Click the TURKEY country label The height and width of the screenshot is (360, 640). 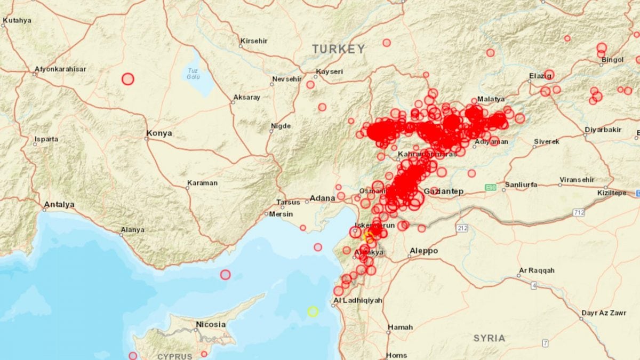tap(339, 49)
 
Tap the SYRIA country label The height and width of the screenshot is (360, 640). tap(489, 338)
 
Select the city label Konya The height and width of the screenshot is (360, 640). tap(159, 133)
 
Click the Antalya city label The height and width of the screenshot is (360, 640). tap(59, 204)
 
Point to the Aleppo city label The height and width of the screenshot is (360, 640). tap(423, 251)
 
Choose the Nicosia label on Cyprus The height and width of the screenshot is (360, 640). tap(211, 324)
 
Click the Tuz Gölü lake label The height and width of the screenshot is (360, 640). tap(193, 74)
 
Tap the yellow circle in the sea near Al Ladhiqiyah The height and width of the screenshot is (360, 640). tap(313, 311)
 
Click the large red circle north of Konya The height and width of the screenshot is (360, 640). tap(127, 79)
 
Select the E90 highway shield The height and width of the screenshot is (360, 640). tap(491, 187)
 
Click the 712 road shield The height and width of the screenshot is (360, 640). tap(579, 213)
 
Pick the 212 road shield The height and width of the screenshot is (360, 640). tap(462, 228)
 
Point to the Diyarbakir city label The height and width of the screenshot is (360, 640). tap(603, 130)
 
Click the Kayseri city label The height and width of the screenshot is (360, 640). tap(330, 71)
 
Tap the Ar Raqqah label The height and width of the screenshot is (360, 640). tap(537, 270)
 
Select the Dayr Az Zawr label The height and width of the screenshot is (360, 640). tap(603, 313)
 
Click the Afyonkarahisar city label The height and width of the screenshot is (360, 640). tap(60, 69)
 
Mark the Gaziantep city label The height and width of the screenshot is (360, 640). tap(443, 191)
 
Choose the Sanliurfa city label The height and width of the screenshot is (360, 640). tap(521, 185)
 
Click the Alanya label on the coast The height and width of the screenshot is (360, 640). tap(132, 230)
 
